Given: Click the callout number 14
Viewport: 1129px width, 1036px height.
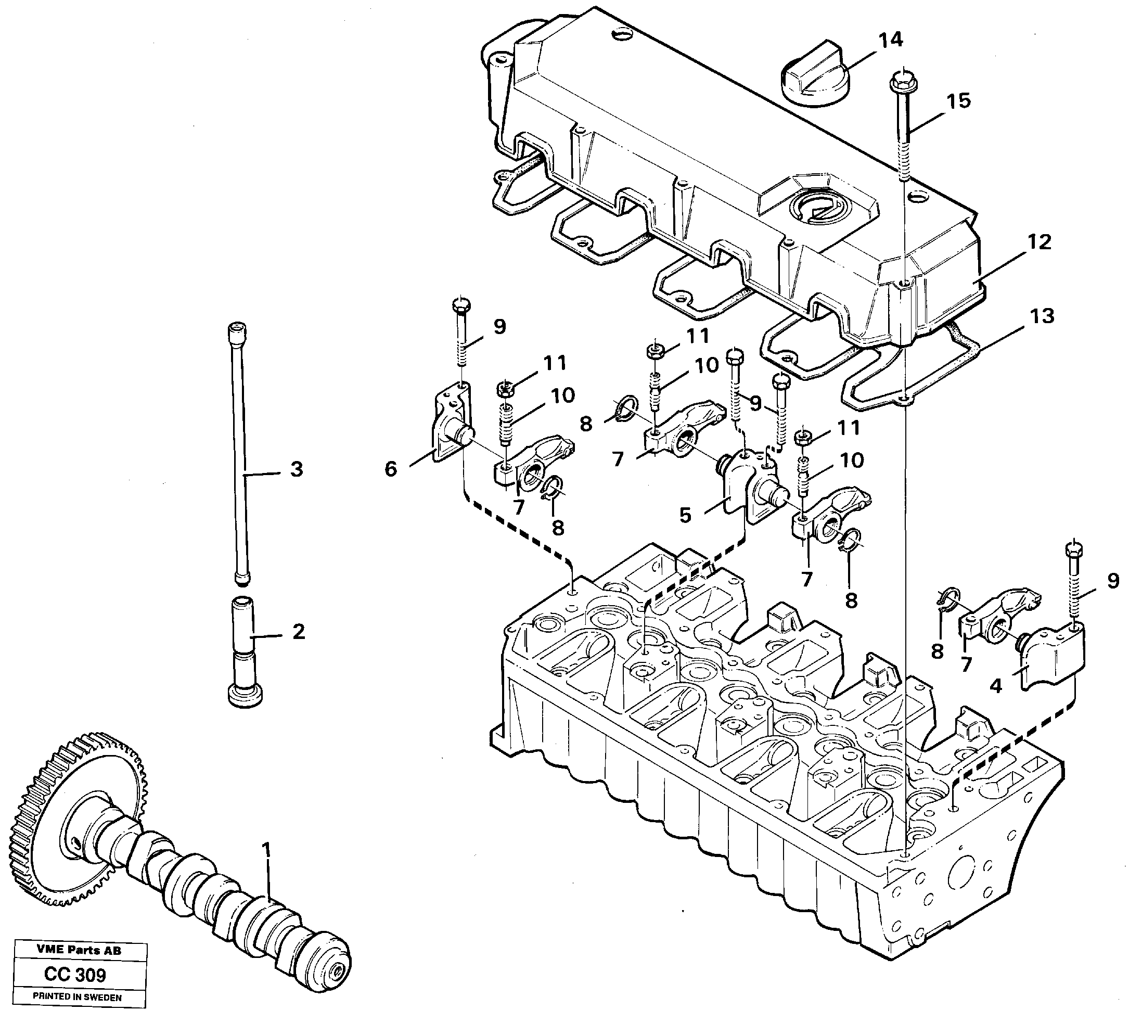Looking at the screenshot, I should tap(890, 41).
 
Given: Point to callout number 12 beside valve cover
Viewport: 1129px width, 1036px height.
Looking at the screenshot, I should tap(1039, 242).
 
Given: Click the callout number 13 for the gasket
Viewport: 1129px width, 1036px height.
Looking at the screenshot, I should tap(1042, 316).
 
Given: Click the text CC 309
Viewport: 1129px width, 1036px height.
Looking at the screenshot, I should tap(74, 975).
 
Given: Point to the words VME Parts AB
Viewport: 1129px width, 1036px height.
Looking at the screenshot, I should tap(79, 950).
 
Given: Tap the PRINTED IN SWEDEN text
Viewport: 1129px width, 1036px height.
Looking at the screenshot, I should tap(77, 997).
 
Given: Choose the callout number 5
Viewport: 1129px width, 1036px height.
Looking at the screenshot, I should tap(685, 515).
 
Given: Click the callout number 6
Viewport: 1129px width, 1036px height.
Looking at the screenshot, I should tap(391, 469).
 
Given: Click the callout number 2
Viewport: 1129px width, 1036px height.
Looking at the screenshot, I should tap(298, 631).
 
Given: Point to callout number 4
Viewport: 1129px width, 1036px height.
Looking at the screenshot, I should tap(996, 686).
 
